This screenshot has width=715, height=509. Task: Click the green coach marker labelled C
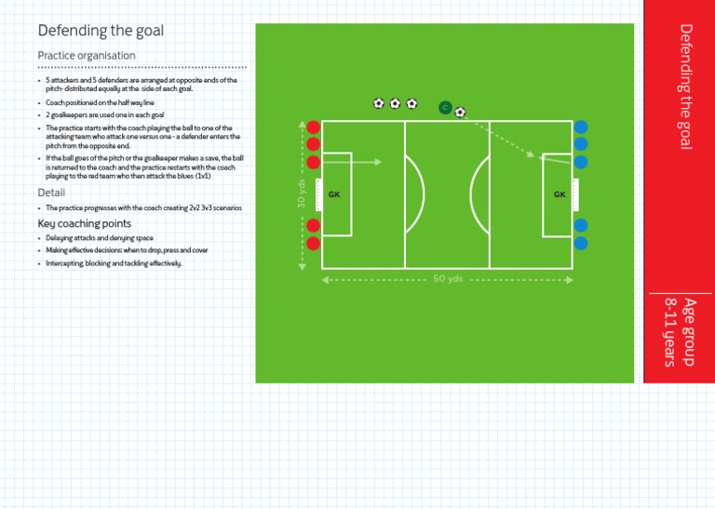[445, 108]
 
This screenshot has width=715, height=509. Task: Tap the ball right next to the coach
[460, 113]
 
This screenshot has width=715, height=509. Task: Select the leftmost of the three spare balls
[379, 103]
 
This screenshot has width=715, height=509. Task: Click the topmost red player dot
[314, 127]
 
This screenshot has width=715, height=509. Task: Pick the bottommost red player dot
[314, 244]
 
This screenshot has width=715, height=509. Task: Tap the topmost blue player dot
[581, 127]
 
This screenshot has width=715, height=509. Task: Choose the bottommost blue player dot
[581, 244]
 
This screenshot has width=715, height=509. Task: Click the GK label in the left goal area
[334, 194]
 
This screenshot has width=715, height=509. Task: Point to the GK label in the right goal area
[560, 194]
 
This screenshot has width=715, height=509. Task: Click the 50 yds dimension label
[448, 278]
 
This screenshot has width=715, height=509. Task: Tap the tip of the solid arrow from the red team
[381, 162]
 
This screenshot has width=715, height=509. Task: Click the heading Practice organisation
[87, 56]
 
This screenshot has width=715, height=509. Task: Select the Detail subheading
[51, 193]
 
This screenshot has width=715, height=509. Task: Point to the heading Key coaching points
[84, 223]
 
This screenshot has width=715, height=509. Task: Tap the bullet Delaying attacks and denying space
[100, 238]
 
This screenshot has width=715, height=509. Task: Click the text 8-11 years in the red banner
[669, 332]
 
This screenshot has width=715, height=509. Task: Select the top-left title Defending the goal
[101, 31]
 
